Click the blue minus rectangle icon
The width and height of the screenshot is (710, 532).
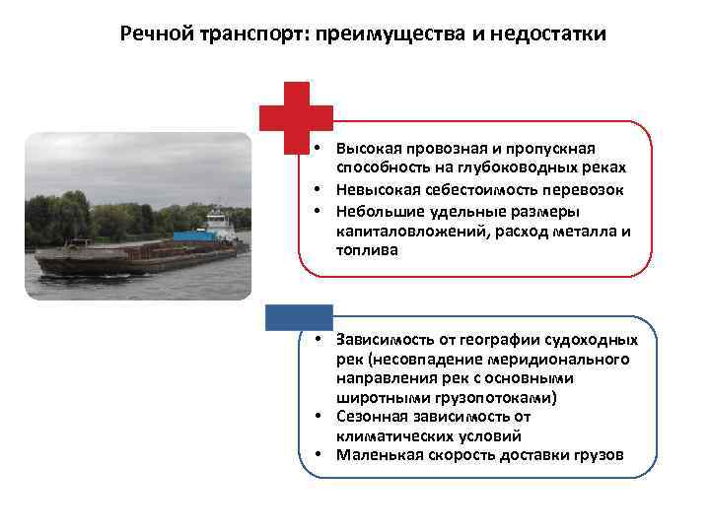(x=300, y=316)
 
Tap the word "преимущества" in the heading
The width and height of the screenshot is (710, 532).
(x=389, y=34)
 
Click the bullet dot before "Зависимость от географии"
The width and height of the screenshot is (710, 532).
(x=321, y=340)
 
